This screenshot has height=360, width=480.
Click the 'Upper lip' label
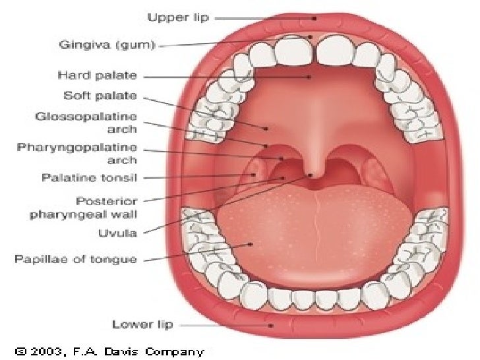pyautogui.click(x=177, y=18)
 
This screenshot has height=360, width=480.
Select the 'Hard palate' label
pyautogui.click(x=107, y=76)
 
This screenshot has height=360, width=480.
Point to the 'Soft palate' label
pyautogui.click(x=101, y=96)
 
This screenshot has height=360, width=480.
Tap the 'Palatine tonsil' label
pyautogui.click(x=90, y=178)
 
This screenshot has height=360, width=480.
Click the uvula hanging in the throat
pyautogui.click(x=315, y=173)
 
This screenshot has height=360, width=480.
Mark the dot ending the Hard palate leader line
pyautogui.click(x=309, y=76)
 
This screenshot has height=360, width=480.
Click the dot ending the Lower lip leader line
pyautogui.click(x=271, y=324)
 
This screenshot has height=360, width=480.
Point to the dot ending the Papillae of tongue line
pyautogui.click(x=251, y=245)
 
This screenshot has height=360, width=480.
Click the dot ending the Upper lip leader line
pyautogui.click(x=315, y=18)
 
